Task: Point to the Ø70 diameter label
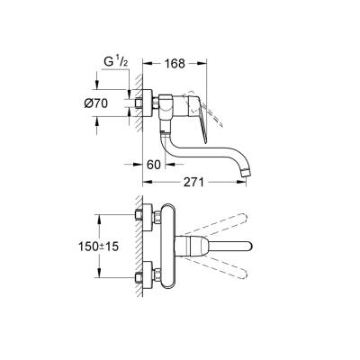pos(107,103)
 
